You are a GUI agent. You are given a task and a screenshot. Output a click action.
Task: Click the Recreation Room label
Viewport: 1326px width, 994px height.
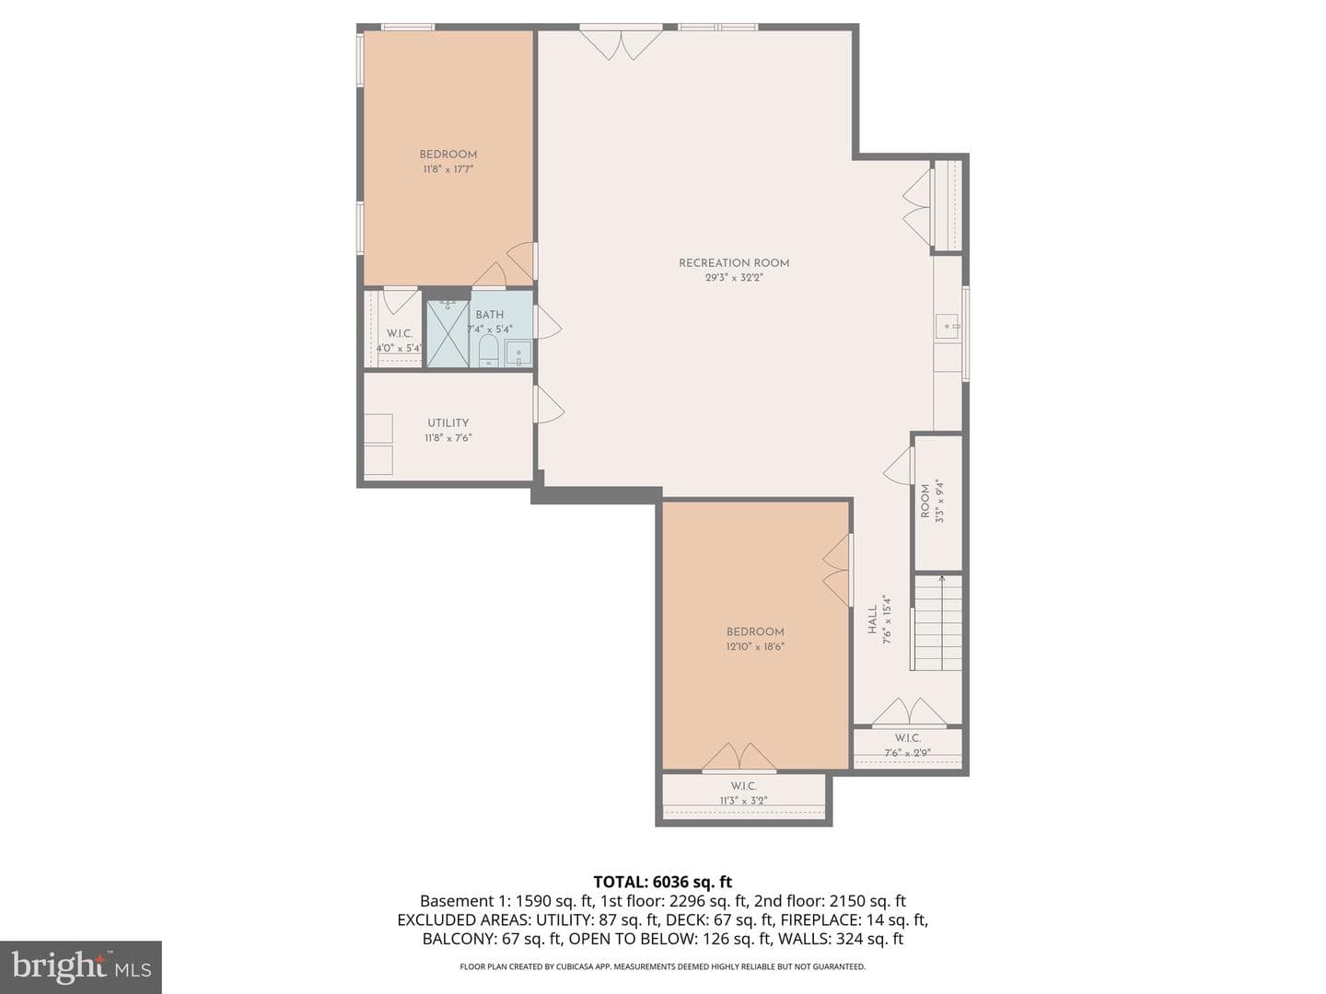[x=734, y=263]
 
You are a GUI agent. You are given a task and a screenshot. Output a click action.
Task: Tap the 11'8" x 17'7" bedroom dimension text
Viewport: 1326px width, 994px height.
[x=448, y=169]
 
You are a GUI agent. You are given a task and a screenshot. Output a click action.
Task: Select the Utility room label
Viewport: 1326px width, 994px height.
[x=448, y=423]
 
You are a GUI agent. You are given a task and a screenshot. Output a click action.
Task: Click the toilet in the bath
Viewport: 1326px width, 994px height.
[x=488, y=351]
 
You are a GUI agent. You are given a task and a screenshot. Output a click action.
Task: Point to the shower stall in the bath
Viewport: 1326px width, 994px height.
[x=448, y=333]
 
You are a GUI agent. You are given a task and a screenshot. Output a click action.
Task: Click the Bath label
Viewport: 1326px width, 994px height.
[x=489, y=315]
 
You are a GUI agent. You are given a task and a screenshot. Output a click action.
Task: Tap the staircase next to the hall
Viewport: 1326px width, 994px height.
[x=937, y=622]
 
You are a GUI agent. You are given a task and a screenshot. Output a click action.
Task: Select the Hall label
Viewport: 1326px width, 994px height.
[x=872, y=619]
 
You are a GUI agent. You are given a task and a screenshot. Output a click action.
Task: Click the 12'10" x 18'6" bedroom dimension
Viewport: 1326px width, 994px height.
[x=755, y=647]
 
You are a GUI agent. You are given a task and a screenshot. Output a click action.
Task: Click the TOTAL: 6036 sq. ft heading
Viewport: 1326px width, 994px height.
[x=663, y=882]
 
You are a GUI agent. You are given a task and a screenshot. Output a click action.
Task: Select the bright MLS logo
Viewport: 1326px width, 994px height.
[x=81, y=966]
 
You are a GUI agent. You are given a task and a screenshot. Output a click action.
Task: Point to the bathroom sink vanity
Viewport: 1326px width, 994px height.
[x=518, y=353]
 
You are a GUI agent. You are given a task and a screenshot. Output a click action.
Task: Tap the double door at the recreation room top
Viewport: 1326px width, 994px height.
[x=621, y=43]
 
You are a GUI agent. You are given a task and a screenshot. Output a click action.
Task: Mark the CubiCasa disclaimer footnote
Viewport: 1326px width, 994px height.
[x=663, y=966]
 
